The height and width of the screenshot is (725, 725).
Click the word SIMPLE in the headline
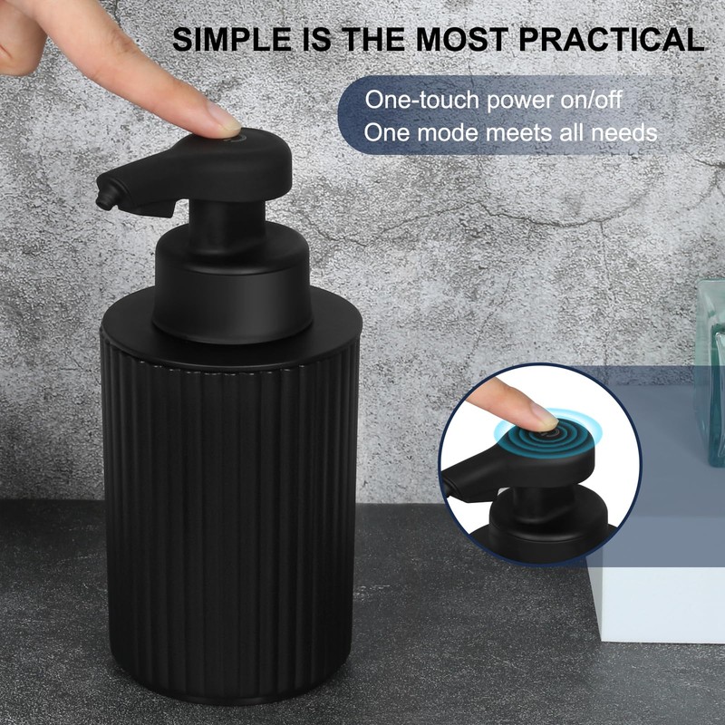pyautogui.click(x=230, y=39)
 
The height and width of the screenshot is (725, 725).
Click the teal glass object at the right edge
pyautogui.click(x=711, y=362)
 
